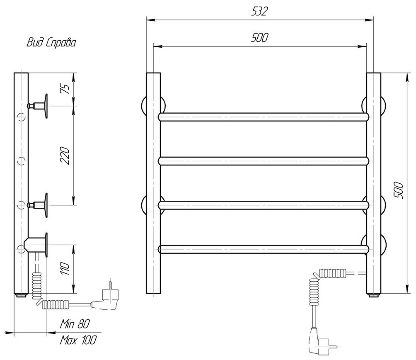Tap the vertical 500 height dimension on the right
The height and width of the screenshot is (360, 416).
pos(399,191)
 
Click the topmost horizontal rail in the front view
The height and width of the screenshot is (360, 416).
pos(264,117)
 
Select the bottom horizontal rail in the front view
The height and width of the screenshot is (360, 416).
pos(264,249)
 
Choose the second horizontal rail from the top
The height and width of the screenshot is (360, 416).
pos(264,161)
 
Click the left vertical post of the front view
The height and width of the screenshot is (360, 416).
pos(153,182)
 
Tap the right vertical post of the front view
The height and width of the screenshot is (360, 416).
pos(374,182)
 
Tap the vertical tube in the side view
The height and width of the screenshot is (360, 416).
pos(21,182)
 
